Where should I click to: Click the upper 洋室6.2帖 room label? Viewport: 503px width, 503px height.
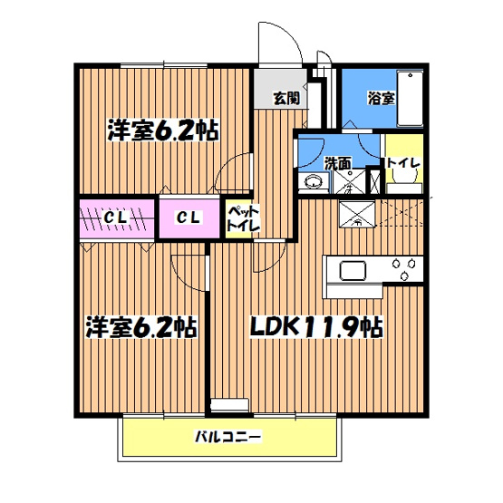coord(162,130)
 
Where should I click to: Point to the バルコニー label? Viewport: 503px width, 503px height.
coord(228,438)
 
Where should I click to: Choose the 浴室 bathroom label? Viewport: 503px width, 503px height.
coord(380,97)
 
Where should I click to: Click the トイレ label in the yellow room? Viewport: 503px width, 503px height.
coord(402,163)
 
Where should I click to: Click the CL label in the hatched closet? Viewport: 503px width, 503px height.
coord(113,218)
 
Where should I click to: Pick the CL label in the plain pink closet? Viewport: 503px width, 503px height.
coord(188,218)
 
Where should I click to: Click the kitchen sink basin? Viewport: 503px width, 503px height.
coord(351,271)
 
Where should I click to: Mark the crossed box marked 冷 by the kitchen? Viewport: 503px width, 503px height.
coord(356,215)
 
